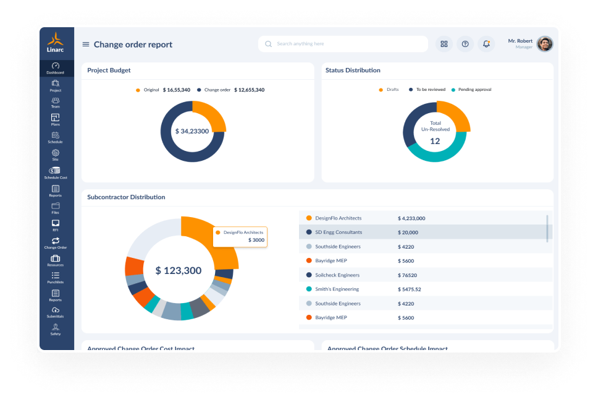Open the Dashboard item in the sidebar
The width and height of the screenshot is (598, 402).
click(56, 68)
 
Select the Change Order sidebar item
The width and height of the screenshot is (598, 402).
click(56, 243)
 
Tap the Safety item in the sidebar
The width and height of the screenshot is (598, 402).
click(56, 329)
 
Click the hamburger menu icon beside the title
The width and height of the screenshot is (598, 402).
click(86, 45)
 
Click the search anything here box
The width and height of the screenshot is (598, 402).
click(343, 44)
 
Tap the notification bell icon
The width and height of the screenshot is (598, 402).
click(487, 44)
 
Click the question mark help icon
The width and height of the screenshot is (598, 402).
click(465, 44)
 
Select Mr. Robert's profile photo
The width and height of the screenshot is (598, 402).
click(544, 44)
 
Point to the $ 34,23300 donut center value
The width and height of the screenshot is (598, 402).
click(192, 131)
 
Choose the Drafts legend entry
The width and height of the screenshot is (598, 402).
click(389, 90)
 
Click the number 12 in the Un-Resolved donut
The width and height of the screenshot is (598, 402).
click(435, 141)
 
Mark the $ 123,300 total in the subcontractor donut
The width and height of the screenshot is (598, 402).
click(179, 270)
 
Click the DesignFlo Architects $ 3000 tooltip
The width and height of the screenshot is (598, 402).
click(240, 236)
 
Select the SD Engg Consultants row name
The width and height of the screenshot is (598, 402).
click(339, 233)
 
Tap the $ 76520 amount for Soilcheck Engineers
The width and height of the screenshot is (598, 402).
click(408, 275)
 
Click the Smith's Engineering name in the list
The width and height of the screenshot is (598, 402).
click(337, 289)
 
